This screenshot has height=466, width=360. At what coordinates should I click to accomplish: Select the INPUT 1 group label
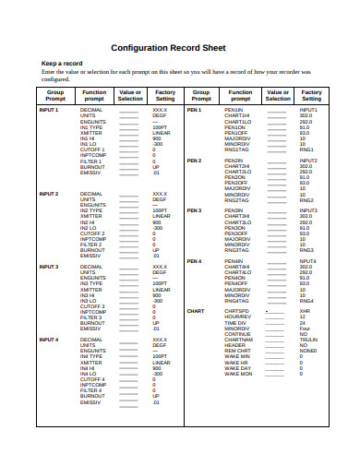point(48,109)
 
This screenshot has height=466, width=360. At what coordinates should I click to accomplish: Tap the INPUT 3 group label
point(48,267)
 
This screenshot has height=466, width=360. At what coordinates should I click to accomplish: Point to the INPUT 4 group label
point(48,340)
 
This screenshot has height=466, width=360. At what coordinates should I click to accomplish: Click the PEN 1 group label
point(194,109)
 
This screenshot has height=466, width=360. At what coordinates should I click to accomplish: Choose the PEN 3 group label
point(194,210)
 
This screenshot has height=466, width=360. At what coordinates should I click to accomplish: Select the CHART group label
point(196,311)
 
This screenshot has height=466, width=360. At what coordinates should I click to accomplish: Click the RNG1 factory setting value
point(306,149)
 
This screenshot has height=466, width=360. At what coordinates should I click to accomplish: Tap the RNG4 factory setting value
point(306,300)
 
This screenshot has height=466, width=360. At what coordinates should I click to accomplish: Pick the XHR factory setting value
point(304,311)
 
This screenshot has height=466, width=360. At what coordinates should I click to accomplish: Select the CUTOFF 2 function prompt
point(92,233)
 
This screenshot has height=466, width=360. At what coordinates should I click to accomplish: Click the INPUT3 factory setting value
point(307,210)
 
